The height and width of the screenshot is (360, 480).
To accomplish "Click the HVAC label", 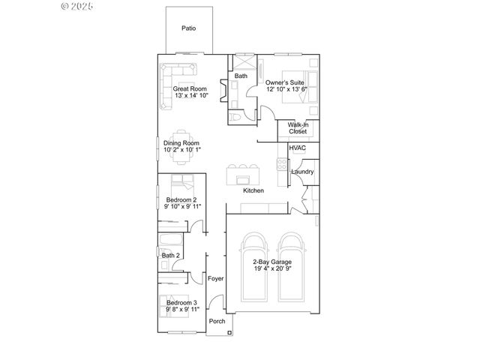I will (x=297, y=148).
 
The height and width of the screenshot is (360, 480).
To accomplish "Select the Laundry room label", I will (x=302, y=172).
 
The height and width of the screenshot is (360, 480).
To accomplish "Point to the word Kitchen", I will (x=253, y=191).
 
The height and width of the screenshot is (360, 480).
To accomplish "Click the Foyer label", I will (x=216, y=278).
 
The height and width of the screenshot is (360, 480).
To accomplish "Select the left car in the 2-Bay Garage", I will (x=253, y=263).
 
